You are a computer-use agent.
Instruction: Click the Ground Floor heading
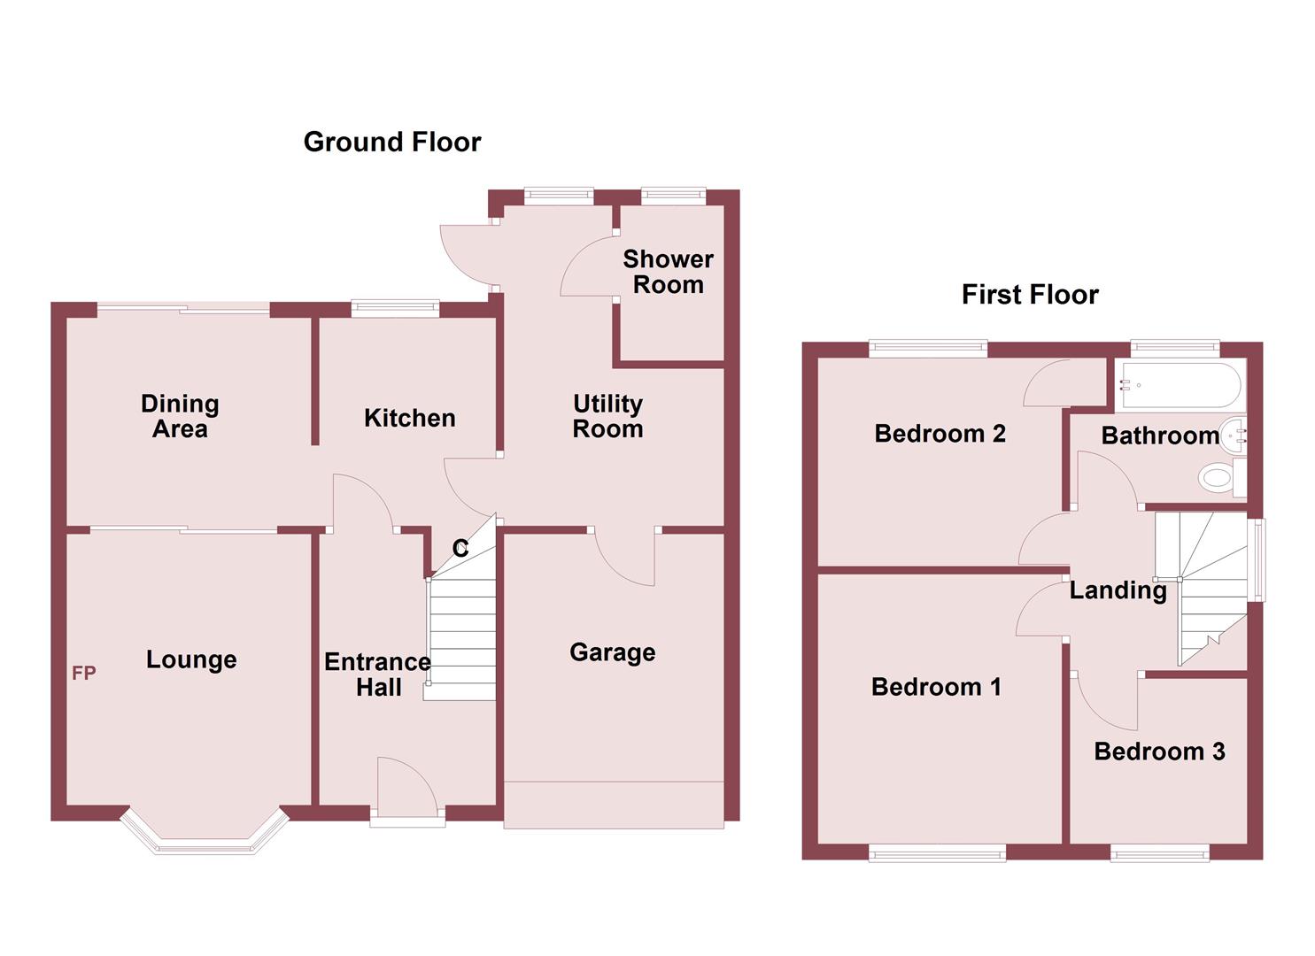(391, 142)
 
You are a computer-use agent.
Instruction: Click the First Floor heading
(1029, 294)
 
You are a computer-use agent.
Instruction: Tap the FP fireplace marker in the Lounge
(84, 674)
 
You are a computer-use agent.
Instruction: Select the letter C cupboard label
(460, 549)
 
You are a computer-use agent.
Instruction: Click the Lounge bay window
(205, 837)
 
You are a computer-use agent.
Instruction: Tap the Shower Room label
(668, 272)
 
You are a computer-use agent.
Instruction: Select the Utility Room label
(607, 416)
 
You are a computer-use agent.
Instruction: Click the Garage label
(612, 652)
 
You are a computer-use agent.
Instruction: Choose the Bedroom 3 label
(1158, 752)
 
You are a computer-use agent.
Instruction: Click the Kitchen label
(409, 418)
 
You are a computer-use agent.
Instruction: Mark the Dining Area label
(180, 416)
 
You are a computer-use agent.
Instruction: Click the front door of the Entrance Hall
(406, 788)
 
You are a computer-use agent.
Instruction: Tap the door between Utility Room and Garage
(624, 558)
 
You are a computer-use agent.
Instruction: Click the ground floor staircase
(460, 637)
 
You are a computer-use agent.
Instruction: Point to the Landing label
(1118, 590)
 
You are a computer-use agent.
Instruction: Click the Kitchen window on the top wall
(395, 308)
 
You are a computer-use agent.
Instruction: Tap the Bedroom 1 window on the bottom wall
(937, 853)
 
